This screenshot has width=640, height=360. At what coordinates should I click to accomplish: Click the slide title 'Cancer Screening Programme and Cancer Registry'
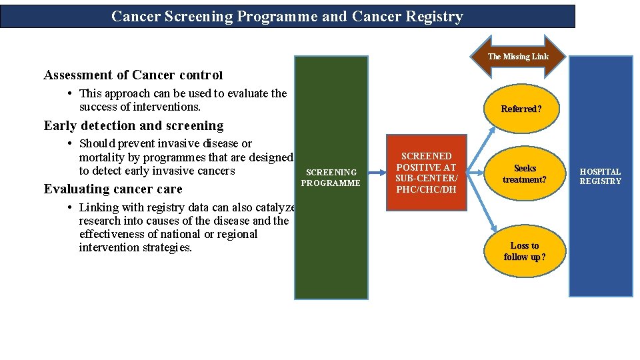(287, 17)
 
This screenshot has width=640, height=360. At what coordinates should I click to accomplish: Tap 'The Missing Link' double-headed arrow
(518, 57)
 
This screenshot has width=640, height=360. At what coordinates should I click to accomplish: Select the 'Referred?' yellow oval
(521, 109)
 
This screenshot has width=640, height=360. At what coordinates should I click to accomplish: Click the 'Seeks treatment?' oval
(525, 174)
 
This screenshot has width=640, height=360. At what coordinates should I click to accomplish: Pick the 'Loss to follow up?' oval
(525, 251)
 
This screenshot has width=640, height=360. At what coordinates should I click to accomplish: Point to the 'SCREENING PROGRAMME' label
(331, 177)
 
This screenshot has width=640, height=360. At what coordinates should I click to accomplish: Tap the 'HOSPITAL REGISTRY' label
(600, 177)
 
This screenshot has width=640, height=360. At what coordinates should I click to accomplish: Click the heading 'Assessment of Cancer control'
(133, 75)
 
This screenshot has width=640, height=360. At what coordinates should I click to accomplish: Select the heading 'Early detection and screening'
(133, 125)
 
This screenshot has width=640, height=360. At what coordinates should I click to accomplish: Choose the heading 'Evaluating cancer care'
(113, 189)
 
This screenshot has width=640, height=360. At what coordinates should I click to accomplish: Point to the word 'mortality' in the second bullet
(103, 157)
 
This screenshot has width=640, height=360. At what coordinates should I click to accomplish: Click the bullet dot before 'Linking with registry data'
(71, 207)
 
